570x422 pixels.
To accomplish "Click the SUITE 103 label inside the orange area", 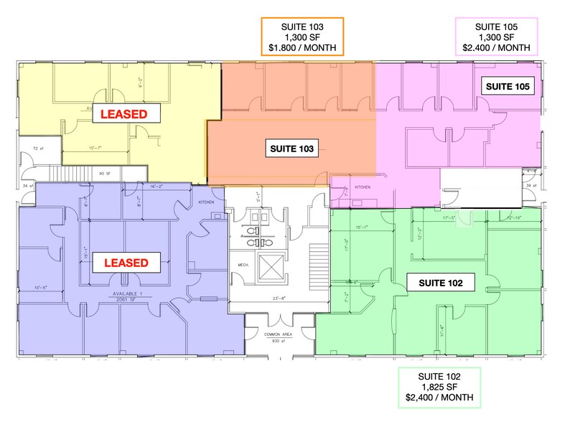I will click(291, 149).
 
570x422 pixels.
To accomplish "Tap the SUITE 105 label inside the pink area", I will click(508, 87).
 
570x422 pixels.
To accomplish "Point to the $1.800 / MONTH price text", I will click(302, 49).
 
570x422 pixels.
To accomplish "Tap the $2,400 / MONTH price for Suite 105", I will click(496, 49).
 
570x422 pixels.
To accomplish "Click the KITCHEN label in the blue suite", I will click(207, 202).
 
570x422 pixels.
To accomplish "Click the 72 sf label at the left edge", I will click(38, 149).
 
